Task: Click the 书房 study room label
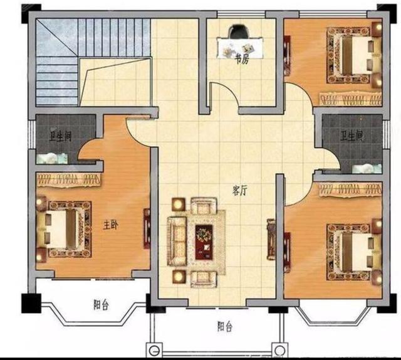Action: pos(242,60)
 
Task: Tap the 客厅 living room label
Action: pos(239,191)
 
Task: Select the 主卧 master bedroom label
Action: pos(110,225)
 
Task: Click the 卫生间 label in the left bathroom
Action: pos(60,136)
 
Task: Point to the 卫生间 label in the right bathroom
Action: pos(352,137)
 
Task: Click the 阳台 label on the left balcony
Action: pos(101,305)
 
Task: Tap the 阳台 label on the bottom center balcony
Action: pos(225,327)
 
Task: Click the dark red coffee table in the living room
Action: pos(204,241)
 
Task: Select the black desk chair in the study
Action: pos(240,31)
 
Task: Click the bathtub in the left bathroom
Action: pos(52,159)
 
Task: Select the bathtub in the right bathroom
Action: pos(367,169)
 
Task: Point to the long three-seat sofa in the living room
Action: pos(177,241)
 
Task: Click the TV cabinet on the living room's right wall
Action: pos(271,240)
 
